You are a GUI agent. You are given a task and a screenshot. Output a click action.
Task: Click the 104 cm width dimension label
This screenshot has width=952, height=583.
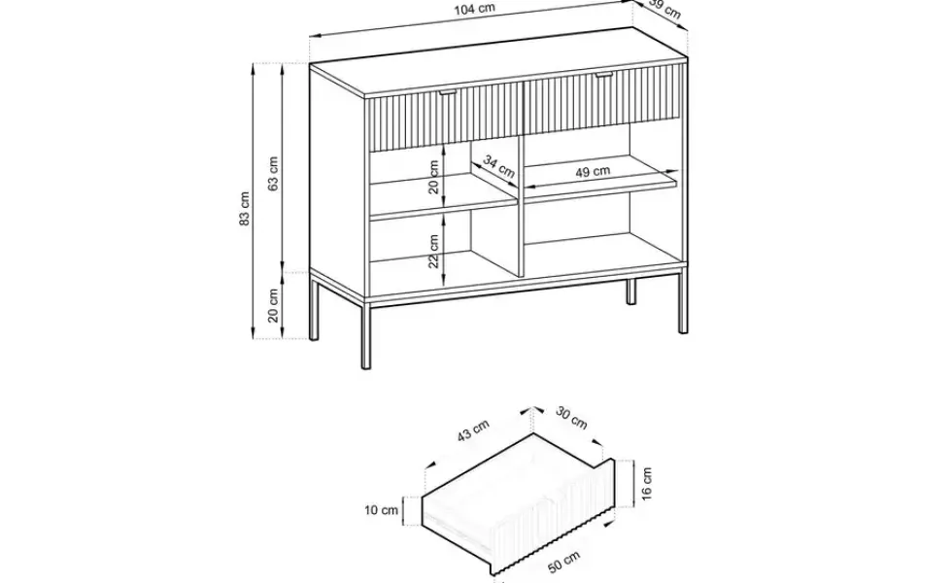tap(475, 9)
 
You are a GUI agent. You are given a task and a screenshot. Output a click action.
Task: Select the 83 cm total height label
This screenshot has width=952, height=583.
tap(244, 208)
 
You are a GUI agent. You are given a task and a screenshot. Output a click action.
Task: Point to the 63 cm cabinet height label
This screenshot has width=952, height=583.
tap(273, 174)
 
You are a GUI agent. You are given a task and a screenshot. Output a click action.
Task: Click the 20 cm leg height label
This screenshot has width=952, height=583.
tap(273, 305)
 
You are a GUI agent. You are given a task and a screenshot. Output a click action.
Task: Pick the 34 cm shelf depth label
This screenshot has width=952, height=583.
tap(499, 166)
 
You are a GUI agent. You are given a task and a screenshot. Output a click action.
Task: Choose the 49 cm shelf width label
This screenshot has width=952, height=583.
tap(593, 172)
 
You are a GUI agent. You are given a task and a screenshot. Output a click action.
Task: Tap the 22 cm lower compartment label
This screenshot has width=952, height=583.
tap(433, 252)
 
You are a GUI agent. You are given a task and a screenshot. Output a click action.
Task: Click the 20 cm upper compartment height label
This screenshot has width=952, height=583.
tap(433, 177)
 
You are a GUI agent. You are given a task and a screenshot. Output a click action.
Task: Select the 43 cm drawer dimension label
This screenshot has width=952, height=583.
tap(473, 430)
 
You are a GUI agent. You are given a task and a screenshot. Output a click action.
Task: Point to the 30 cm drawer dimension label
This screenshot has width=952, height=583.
tap(571, 418)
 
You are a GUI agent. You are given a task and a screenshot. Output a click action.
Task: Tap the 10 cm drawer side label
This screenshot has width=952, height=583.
tap(381, 510)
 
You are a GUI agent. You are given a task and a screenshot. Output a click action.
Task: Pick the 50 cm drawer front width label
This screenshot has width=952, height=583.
tap(564, 562)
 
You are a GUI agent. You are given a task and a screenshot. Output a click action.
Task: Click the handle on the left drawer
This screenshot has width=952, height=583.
tap(448, 92)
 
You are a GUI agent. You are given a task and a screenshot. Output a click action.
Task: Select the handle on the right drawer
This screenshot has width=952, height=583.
tap(604, 76)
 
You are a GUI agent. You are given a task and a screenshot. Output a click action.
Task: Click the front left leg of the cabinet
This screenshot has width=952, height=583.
tap(365, 335)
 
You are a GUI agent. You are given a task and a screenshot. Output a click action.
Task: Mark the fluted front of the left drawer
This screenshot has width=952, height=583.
tap(445, 117)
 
